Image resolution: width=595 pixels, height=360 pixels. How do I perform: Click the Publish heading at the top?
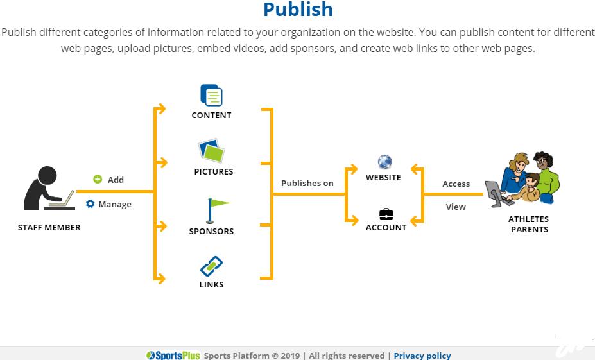(x=298, y=10)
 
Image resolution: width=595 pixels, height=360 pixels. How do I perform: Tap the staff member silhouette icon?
(x=48, y=189)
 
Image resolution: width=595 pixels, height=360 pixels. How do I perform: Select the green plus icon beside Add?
(x=98, y=180)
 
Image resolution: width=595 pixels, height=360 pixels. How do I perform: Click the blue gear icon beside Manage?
(x=91, y=204)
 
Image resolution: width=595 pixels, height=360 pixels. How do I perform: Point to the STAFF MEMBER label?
(x=49, y=227)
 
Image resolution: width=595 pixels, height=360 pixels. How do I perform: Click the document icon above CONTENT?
(x=211, y=96)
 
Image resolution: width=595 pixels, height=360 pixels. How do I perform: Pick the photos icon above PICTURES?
(x=211, y=151)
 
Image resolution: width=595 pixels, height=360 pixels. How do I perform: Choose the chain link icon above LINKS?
(x=211, y=266)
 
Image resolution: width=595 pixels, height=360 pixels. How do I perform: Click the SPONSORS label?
(x=211, y=231)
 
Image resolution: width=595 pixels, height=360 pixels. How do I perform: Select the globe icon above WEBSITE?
(x=384, y=162)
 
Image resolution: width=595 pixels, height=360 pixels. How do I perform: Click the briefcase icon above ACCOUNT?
(x=386, y=214)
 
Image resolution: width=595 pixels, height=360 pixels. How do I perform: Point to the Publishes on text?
(x=307, y=183)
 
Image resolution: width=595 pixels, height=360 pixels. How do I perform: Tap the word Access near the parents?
(x=456, y=184)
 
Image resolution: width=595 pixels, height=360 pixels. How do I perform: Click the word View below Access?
(x=456, y=207)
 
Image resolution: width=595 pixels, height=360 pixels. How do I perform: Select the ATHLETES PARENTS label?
(x=529, y=224)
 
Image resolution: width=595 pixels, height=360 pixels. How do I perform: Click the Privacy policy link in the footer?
(x=422, y=356)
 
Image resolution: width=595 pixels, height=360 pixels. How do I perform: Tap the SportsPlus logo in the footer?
(x=173, y=356)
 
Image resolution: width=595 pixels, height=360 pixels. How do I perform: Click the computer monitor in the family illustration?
(x=494, y=192)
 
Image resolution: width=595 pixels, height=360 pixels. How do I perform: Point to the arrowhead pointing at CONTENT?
(x=162, y=108)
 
